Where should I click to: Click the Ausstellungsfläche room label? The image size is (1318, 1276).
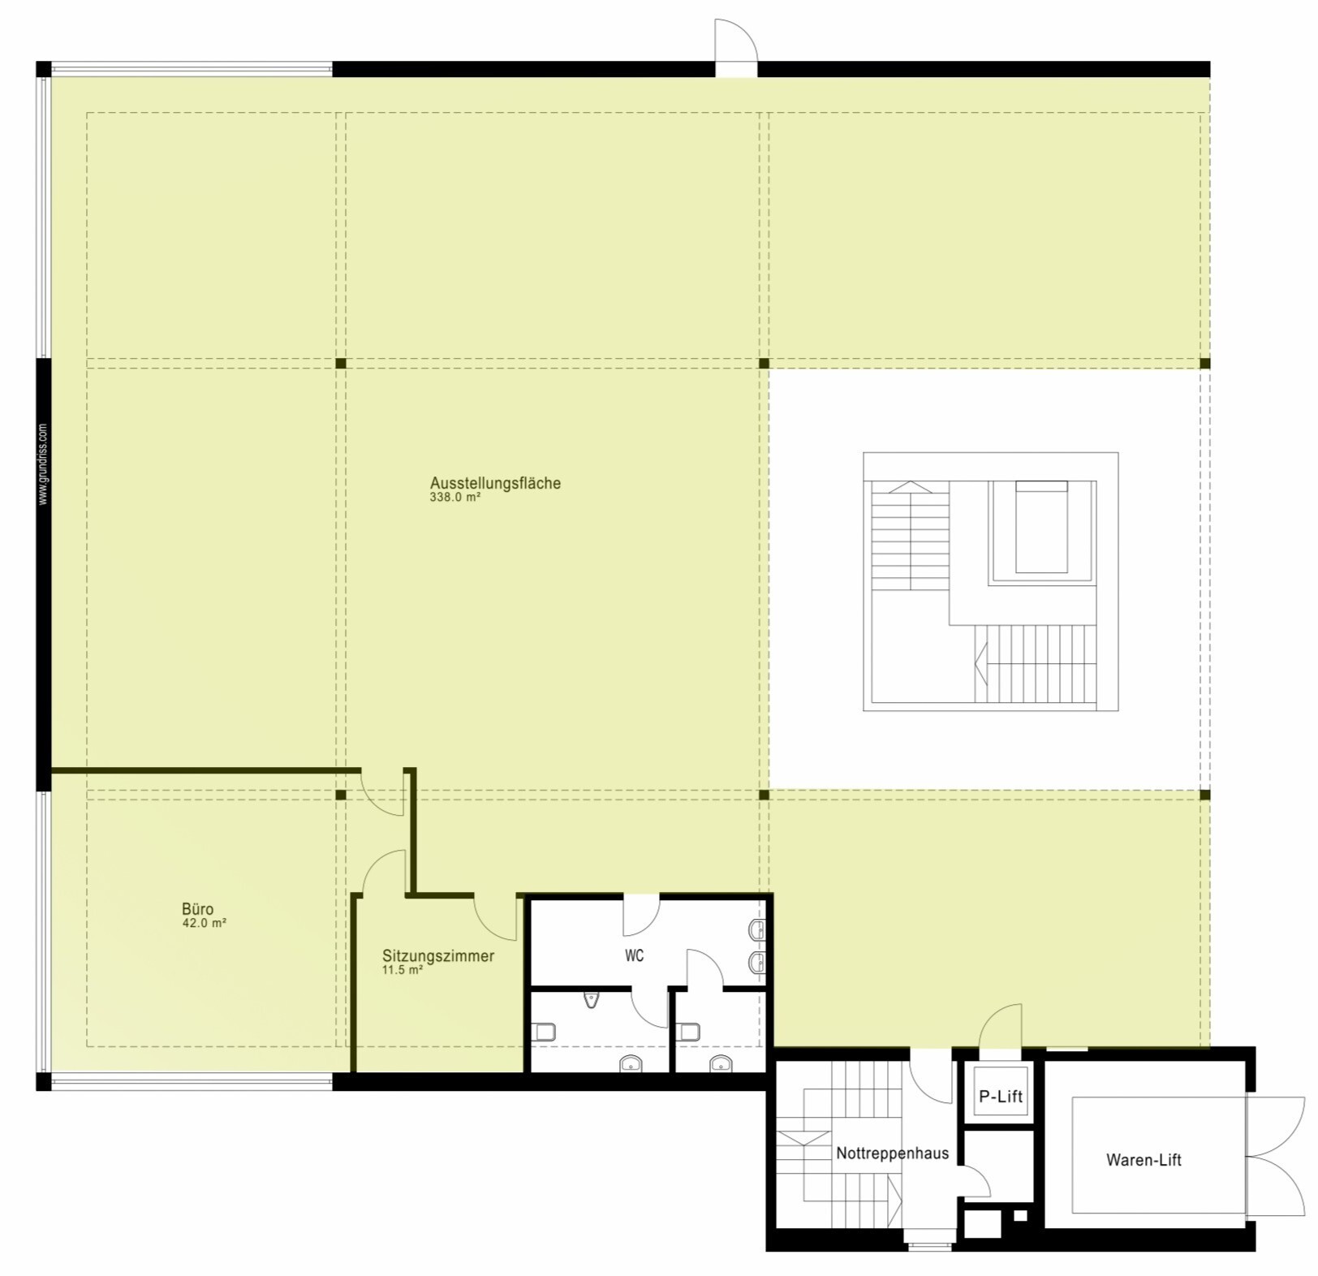click(495, 483)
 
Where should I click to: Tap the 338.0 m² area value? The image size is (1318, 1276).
click(454, 498)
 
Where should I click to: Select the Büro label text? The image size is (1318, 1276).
click(197, 909)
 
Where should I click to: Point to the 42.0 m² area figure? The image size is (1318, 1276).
click(204, 923)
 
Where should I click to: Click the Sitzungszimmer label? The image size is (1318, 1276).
click(437, 955)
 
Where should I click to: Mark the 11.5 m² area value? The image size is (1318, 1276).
click(402, 970)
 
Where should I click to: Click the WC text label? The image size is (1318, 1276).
click(634, 955)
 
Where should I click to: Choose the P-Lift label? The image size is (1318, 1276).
click(1000, 1097)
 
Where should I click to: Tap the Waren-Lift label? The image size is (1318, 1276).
click(1143, 1160)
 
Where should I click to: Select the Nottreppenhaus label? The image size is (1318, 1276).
click(892, 1153)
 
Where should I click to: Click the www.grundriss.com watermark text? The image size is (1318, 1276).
click(43, 464)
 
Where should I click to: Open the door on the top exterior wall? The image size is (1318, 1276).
click(735, 45)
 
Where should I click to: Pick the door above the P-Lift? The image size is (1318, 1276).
click(1000, 1031)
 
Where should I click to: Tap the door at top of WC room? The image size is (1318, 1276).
click(640, 913)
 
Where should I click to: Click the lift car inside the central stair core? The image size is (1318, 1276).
click(1041, 528)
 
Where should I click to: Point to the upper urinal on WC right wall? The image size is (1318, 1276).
click(756, 930)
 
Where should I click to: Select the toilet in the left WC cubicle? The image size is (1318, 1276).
click(544, 1032)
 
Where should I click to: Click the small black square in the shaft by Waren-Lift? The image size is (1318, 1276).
click(1020, 1216)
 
